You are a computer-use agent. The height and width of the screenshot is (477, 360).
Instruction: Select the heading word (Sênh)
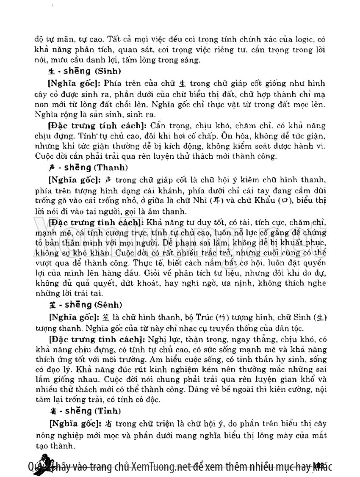(x=110, y=304)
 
